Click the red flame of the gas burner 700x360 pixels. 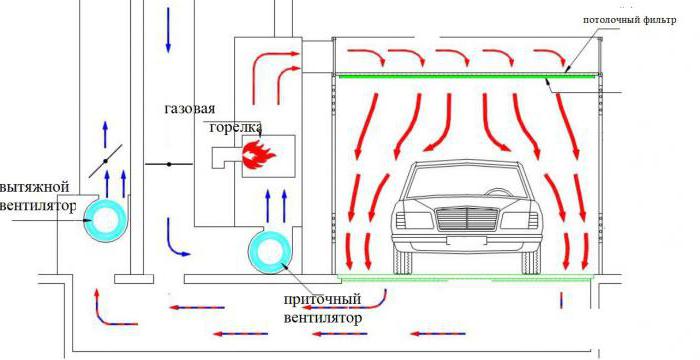(258, 155)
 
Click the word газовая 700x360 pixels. (190, 109)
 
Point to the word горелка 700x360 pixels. (235, 127)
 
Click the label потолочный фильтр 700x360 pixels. (630, 20)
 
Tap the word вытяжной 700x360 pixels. (34, 187)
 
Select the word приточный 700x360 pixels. (322, 299)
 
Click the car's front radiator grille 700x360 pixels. (467, 219)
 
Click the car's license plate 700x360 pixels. (467, 241)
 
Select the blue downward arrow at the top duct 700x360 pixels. (168, 30)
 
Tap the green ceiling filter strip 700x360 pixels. (467, 76)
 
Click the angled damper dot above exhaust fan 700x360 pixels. (105, 161)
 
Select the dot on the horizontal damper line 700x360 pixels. (169, 164)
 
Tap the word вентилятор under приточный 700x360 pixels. (322, 319)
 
